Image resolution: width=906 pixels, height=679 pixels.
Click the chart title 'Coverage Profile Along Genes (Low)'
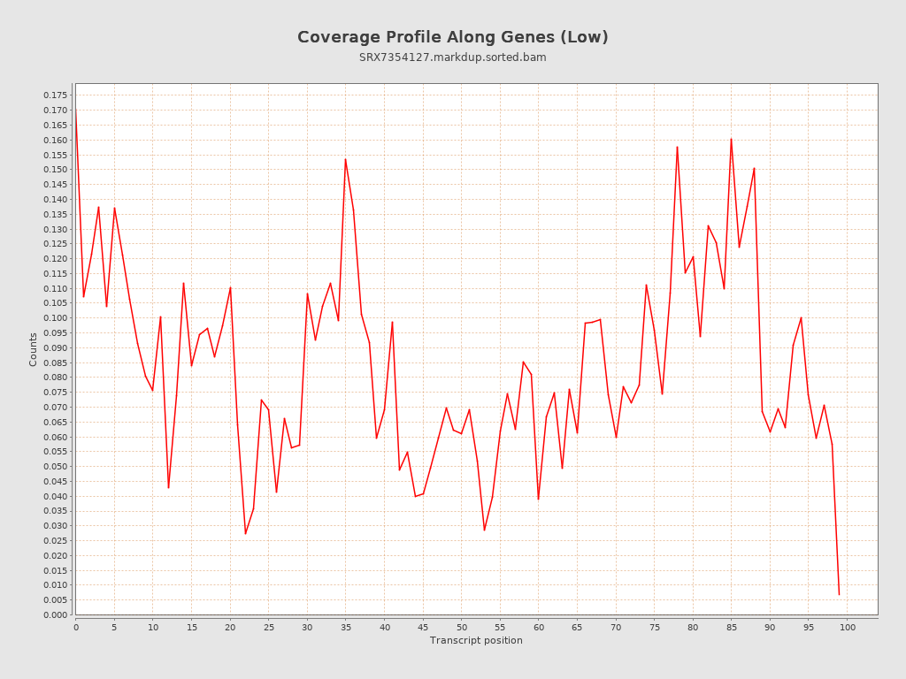(x=452, y=37)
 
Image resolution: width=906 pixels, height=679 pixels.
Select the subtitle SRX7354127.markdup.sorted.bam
(x=452, y=57)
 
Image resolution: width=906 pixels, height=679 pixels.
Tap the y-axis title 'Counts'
(x=34, y=349)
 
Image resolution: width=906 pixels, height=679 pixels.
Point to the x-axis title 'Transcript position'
(x=476, y=640)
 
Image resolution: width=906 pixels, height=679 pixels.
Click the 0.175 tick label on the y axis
(x=56, y=95)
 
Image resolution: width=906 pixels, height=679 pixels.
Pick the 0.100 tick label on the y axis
(x=56, y=318)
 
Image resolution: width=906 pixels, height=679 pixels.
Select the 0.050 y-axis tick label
(x=56, y=467)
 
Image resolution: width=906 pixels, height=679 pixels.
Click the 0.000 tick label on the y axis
(x=56, y=615)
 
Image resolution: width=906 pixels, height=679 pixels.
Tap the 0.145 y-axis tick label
(x=56, y=185)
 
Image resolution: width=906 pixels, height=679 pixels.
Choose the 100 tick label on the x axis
(x=848, y=628)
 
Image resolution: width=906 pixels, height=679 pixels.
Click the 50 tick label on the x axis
(x=462, y=628)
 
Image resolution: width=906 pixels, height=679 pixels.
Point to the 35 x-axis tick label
(x=346, y=628)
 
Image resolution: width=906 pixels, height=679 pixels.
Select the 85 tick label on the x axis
(x=732, y=628)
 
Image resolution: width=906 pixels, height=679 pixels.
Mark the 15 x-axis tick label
(x=191, y=628)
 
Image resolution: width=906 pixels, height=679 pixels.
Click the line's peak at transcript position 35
(x=345, y=159)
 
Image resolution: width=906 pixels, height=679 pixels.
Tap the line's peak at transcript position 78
(x=677, y=147)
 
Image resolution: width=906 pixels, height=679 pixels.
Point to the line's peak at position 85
(x=731, y=139)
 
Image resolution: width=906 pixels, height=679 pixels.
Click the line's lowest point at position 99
(x=839, y=594)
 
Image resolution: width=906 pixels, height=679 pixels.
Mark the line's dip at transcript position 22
(x=245, y=533)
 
